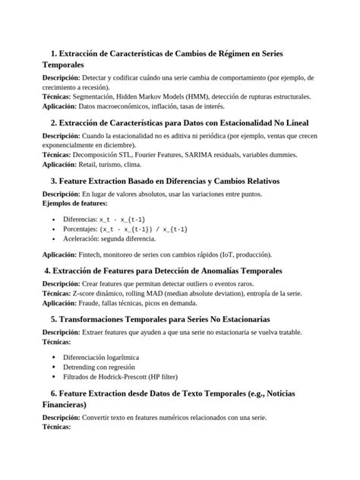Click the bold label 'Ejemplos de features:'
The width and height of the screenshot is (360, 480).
click(x=75, y=203)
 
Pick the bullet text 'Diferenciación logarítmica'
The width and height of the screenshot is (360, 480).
click(x=106, y=356)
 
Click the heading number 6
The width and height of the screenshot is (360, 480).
click(x=54, y=393)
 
